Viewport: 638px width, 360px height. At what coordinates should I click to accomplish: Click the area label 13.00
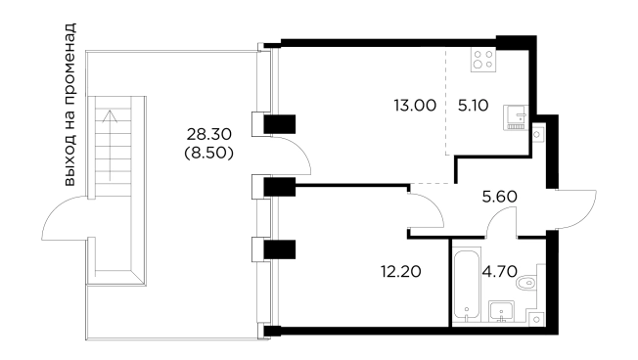click(415, 106)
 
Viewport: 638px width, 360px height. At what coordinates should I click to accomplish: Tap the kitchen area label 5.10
click(473, 106)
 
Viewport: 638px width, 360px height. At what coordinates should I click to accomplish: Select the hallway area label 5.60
click(499, 197)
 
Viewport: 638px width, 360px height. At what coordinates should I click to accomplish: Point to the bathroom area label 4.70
click(499, 271)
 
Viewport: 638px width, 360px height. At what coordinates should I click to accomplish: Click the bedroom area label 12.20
click(401, 271)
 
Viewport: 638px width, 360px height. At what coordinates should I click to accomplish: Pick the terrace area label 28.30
click(208, 133)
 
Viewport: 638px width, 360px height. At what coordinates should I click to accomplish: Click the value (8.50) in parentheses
click(208, 153)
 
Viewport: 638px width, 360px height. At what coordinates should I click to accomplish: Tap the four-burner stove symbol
click(483, 60)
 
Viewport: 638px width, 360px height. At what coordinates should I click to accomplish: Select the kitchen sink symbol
click(516, 117)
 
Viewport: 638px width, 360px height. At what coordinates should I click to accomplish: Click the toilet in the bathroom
click(527, 283)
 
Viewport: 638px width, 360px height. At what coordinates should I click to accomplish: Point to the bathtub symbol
click(467, 285)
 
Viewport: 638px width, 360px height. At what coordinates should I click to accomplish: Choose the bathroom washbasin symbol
click(501, 311)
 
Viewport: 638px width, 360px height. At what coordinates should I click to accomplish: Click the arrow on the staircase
click(110, 145)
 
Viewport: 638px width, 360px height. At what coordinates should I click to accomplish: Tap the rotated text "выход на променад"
click(69, 105)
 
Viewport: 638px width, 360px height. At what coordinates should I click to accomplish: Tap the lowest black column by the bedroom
click(280, 249)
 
